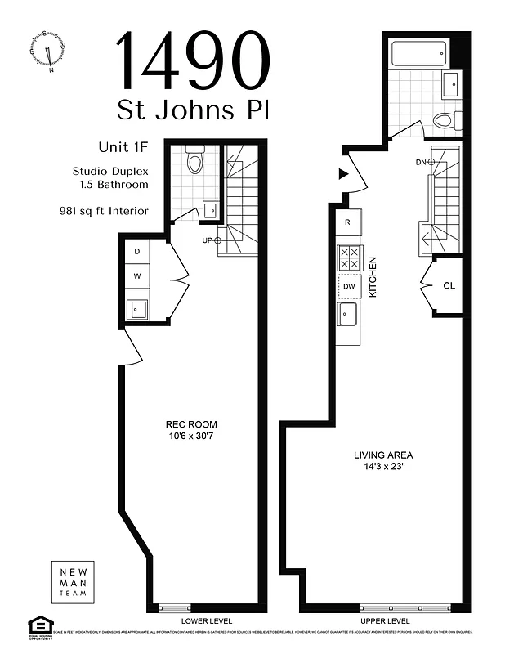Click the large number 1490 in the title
tap(194, 60)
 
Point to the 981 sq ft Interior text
tap(104, 211)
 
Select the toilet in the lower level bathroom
tap(194, 160)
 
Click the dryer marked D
tap(136, 250)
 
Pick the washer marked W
tap(136, 276)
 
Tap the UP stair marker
tap(212, 240)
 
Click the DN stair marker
tap(426, 163)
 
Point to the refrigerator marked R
tap(348, 222)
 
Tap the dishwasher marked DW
tap(349, 286)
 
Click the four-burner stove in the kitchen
tap(349, 258)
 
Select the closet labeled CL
tap(449, 285)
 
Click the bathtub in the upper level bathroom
tap(418, 55)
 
